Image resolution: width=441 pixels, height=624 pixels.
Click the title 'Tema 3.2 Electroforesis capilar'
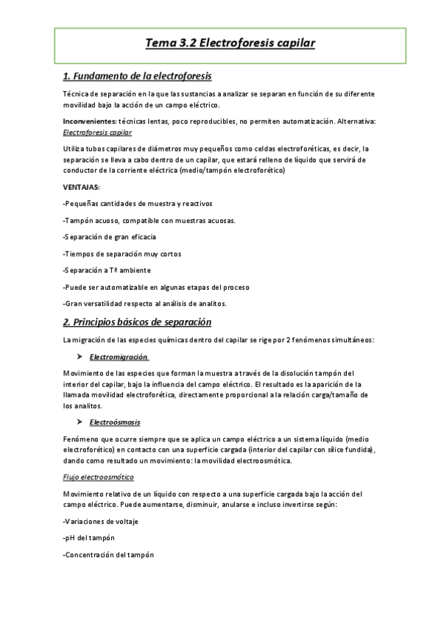tap(230, 43)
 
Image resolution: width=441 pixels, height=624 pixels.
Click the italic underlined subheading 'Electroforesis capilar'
tap(98, 132)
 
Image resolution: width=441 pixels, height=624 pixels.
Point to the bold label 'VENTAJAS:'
tap(82, 187)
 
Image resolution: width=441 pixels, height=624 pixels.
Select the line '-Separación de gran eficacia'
tap(110, 237)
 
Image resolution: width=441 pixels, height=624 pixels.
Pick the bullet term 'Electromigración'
tap(119, 357)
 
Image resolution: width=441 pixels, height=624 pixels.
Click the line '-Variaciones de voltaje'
tap(101, 521)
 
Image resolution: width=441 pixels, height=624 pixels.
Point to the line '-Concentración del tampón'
tap(109, 555)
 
